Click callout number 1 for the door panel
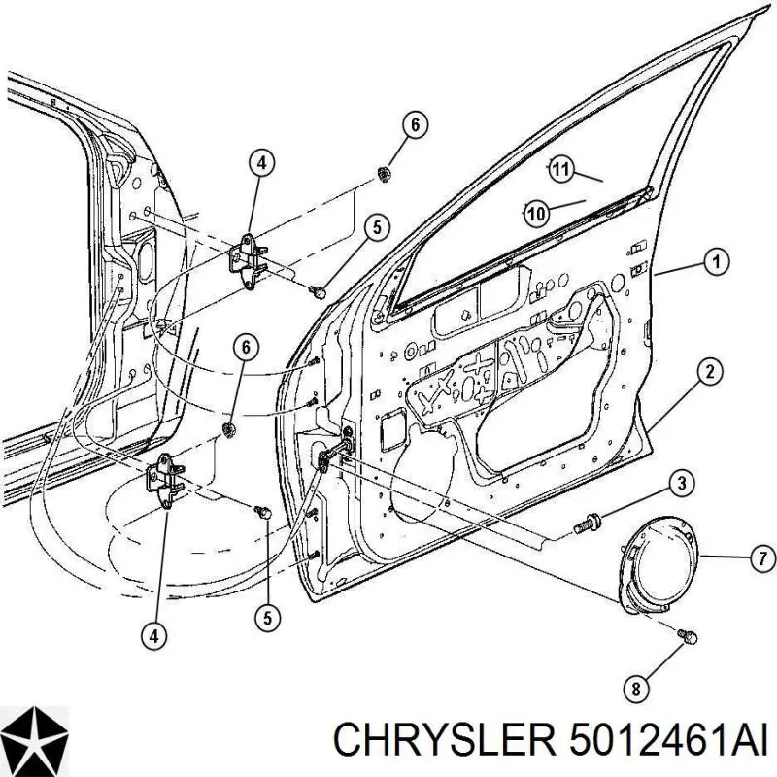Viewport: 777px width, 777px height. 716,261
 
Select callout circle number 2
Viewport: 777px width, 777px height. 710,371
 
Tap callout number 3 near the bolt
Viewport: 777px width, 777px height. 682,483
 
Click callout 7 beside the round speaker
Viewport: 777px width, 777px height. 762,559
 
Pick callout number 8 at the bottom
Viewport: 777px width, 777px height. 637,689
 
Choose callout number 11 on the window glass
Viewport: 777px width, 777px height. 560,169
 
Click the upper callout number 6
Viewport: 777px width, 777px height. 415,124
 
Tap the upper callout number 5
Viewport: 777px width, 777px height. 377,228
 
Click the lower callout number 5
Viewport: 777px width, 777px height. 268,618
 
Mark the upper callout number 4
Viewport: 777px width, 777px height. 261,162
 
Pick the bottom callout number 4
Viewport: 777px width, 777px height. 154,636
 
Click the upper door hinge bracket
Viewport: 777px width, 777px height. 247,259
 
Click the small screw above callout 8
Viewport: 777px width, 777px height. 688,636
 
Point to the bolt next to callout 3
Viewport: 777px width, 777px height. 589,523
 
